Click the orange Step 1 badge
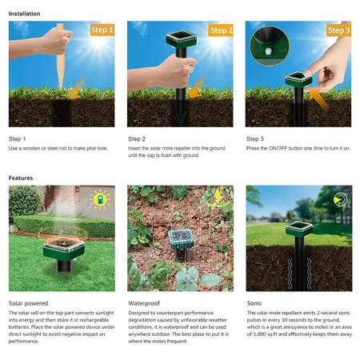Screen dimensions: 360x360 point(102,30)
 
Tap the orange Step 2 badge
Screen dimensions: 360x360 point(221,30)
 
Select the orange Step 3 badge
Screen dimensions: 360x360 point(338,30)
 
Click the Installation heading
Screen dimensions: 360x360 point(24,14)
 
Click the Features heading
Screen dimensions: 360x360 point(21,178)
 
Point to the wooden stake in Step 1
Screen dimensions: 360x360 point(61,56)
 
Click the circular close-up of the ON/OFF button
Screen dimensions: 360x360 point(269,46)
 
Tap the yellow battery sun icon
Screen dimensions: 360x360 point(100,199)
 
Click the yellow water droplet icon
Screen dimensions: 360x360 point(218,198)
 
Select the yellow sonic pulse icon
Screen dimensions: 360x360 point(341,200)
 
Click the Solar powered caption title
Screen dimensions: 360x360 point(28,303)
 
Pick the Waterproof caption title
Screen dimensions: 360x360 point(144,303)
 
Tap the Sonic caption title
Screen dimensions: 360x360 point(254,303)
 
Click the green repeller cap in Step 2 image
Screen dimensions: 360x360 point(182,39)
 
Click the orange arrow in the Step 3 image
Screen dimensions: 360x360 point(318,98)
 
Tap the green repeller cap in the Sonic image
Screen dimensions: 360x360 point(299,229)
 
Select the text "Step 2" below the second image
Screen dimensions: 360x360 point(137,139)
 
